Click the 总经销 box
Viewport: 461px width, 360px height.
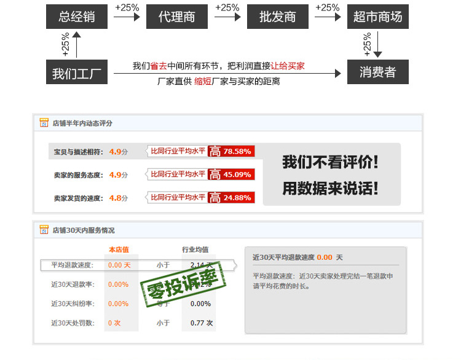click(x=77, y=17)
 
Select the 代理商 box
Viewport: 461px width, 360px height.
click(x=177, y=17)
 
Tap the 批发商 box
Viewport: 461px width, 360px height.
click(x=277, y=17)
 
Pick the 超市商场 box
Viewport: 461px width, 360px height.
click(x=377, y=17)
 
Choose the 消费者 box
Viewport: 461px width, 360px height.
click(x=377, y=72)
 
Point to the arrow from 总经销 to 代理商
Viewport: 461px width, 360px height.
click(x=127, y=17)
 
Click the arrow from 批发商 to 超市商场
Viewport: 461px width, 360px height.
click(x=327, y=17)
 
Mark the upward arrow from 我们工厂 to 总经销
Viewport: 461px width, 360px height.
click(x=76, y=44)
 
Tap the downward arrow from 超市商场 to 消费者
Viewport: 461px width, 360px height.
click(x=377, y=44)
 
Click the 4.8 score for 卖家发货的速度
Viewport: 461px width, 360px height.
click(x=115, y=198)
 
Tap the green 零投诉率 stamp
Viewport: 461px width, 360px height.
click(x=183, y=284)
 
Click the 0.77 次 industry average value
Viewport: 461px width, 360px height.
click(x=201, y=323)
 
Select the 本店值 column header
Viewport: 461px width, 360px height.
click(x=119, y=249)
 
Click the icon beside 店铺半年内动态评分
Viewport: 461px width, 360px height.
click(x=44, y=123)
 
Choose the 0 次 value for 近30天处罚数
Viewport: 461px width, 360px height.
click(x=114, y=323)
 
